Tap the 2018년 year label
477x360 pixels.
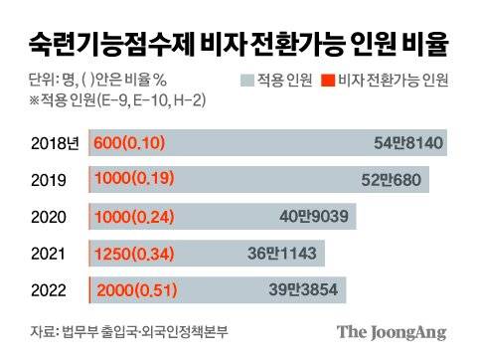(51, 142)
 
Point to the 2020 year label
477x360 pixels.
(47, 216)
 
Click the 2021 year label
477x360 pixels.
(46, 253)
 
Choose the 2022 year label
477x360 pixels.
(47, 289)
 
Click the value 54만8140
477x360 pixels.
(402, 142)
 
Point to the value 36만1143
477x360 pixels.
(280, 253)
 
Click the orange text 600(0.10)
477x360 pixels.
(128, 142)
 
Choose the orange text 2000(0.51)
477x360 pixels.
(136, 289)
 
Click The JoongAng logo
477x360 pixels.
(391, 332)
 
